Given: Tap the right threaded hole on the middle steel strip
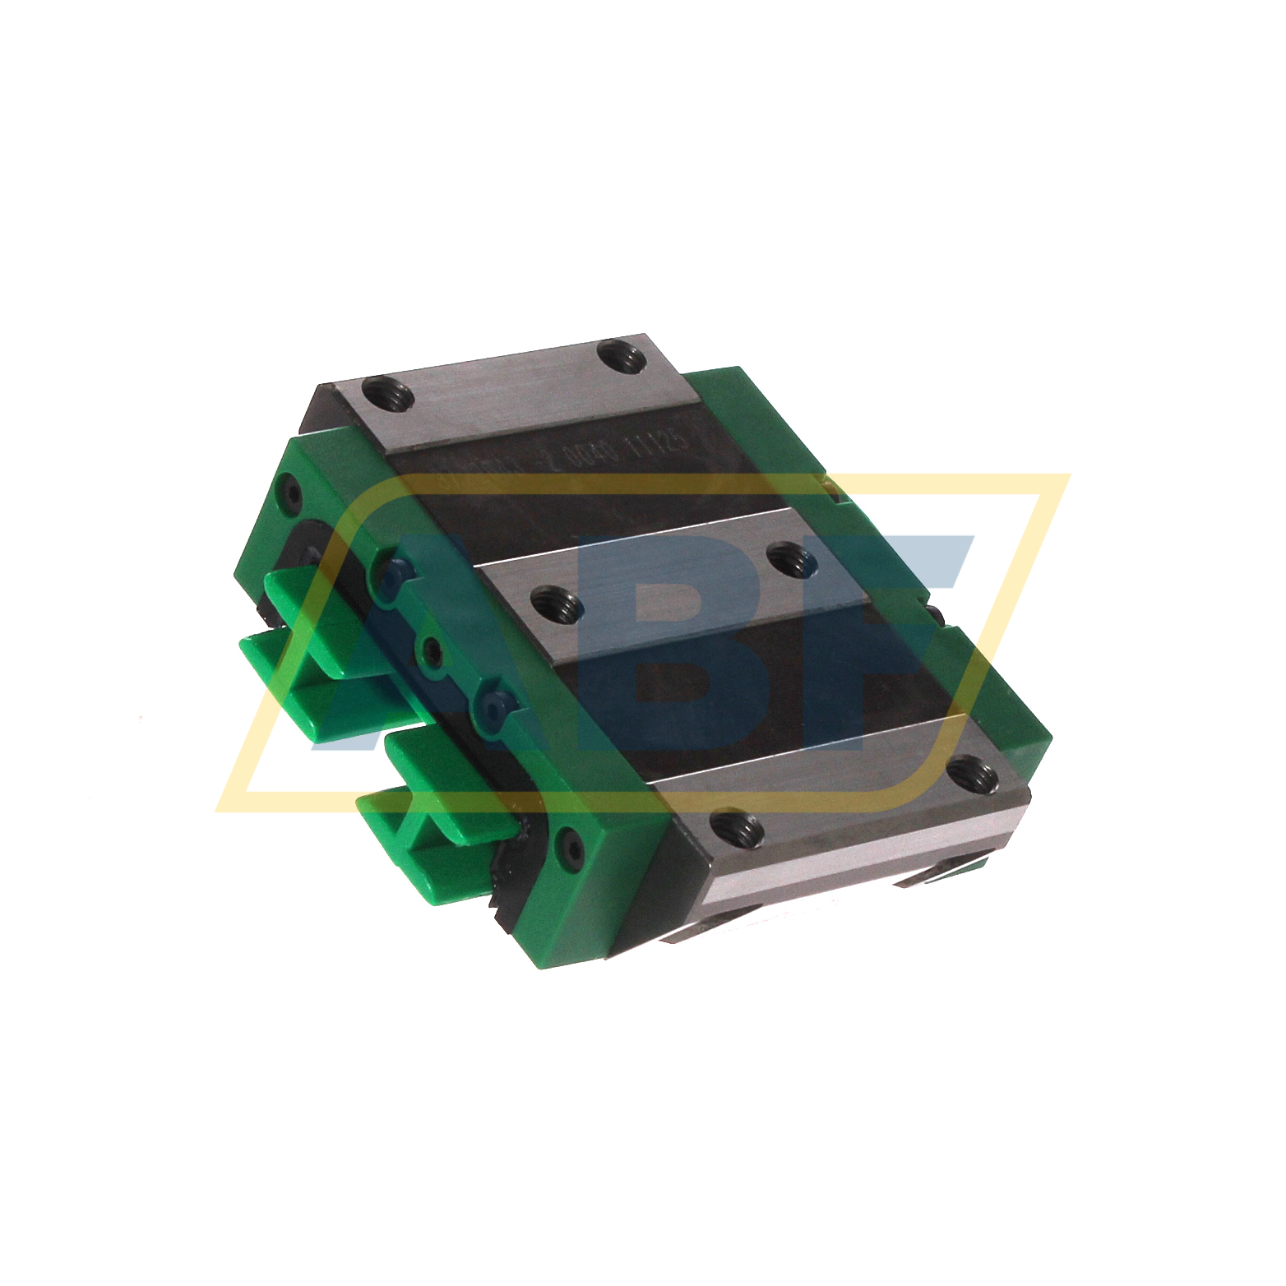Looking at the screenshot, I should click(x=787, y=559).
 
